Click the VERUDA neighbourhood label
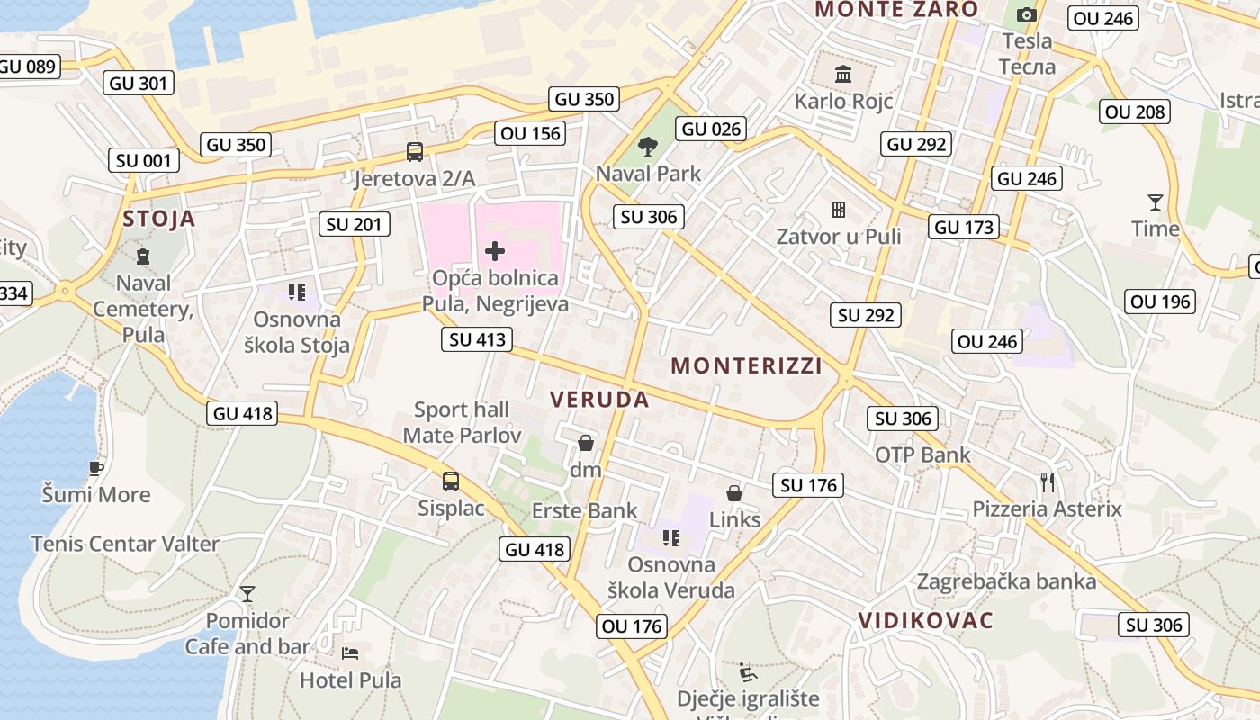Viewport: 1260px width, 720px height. [x=599, y=400]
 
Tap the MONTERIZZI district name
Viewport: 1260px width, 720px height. [x=746, y=365]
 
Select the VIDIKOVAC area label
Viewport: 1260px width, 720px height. [x=925, y=620]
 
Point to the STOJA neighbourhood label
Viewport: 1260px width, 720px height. [x=159, y=219]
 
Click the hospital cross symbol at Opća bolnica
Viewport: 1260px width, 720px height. [x=495, y=250]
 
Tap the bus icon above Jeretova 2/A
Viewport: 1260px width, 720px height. [x=414, y=152]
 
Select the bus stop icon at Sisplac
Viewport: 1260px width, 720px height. [x=451, y=481]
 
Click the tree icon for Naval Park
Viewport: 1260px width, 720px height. [x=647, y=146]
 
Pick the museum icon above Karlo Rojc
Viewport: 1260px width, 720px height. [x=843, y=74]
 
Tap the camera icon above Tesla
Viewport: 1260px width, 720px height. [x=1026, y=14]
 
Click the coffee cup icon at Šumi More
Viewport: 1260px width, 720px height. [x=96, y=468]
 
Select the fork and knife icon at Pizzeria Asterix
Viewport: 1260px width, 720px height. [x=1047, y=482]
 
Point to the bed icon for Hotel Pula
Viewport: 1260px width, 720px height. [x=350, y=652]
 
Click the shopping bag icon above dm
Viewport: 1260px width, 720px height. [x=586, y=443]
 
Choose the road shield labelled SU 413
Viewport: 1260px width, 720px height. [x=477, y=339]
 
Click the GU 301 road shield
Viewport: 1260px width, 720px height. [x=139, y=84]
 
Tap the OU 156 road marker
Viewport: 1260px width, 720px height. [x=530, y=133]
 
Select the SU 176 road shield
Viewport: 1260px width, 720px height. [x=808, y=485]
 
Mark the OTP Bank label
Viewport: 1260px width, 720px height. [x=922, y=454]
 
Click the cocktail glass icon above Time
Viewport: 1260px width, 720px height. [x=1155, y=202]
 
